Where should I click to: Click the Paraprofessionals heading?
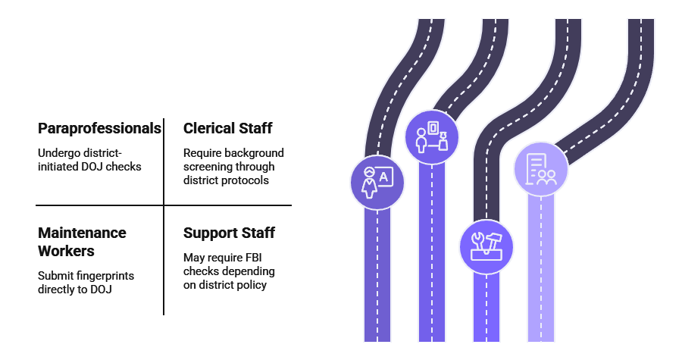pyautogui.click(x=99, y=128)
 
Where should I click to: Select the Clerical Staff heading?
pyautogui.click(x=227, y=128)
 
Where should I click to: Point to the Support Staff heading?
pyautogui.click(x=229, y=233)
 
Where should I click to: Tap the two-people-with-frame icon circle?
pyautogui.click(x=431, y=137)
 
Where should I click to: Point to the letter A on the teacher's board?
pyautogui.click(x=384, y=177)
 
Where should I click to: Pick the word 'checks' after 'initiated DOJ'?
pyautogui.click(x=124, y=167)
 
